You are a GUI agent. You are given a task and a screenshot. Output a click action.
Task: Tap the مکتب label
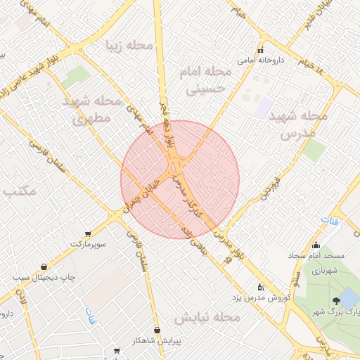point(18,191)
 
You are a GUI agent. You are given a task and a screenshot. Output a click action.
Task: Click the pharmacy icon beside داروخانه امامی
point(261,50)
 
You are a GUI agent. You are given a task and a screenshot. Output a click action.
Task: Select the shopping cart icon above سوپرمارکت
point(87,233)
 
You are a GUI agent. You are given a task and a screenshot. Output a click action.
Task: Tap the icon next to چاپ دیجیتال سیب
point(44,267)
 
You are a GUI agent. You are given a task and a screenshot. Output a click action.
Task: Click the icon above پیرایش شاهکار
point(157,329)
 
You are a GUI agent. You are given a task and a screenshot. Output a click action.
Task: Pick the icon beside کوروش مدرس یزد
point(262,286)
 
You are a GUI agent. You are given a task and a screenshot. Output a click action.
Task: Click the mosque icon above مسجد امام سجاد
point(316,246)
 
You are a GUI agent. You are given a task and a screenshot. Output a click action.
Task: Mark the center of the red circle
point(180,180)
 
